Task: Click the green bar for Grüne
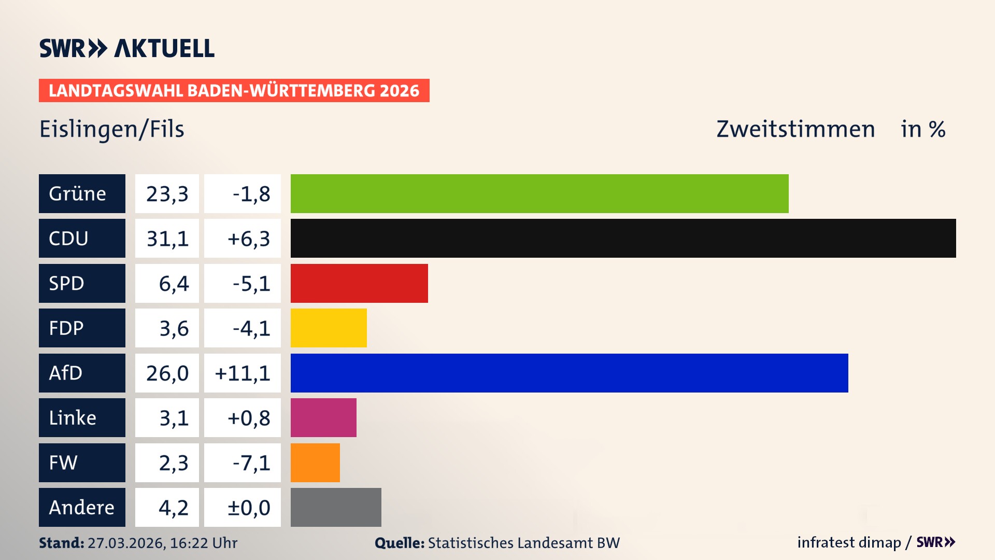pos(539,193)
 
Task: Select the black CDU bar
pos(623,238)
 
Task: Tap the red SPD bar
pos(359,283)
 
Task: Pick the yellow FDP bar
pos(329,328)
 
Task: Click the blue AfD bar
pos(569,373)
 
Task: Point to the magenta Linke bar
pos(323,417)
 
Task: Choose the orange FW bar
pos(315,463)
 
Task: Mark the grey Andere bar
pos(336,507)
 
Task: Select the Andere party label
pos(82,507)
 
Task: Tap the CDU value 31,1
pos(167,239)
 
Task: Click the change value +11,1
pos(243,373)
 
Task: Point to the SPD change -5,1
pos(251,284)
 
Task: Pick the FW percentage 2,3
pos(173,463)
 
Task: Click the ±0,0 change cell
pos(249,508)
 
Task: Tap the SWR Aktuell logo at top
pos(126,48)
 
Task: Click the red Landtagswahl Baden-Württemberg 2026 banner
pos(234,91)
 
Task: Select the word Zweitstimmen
pos(795,129)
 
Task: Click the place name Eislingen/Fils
pos(112,129)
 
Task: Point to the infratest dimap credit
pos(849,542)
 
